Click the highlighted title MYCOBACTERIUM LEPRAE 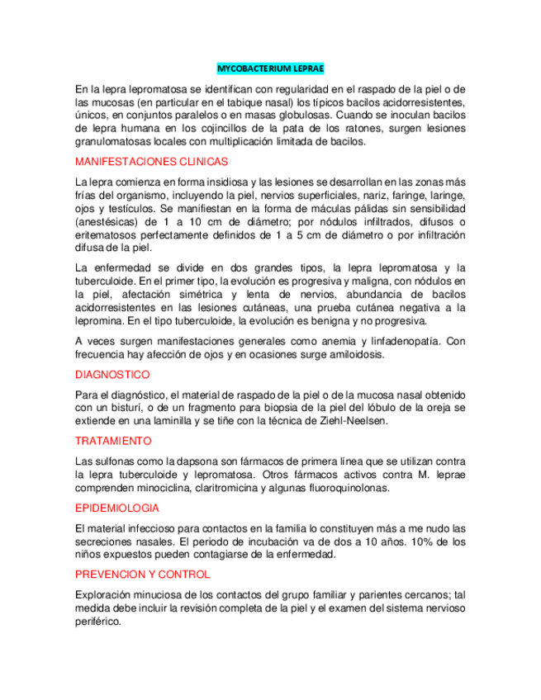[x=270, y=69]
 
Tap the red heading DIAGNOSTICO [x=112, y=375]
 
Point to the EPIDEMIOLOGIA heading [x=117, y=508]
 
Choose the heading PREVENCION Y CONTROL [x=142, y=574]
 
